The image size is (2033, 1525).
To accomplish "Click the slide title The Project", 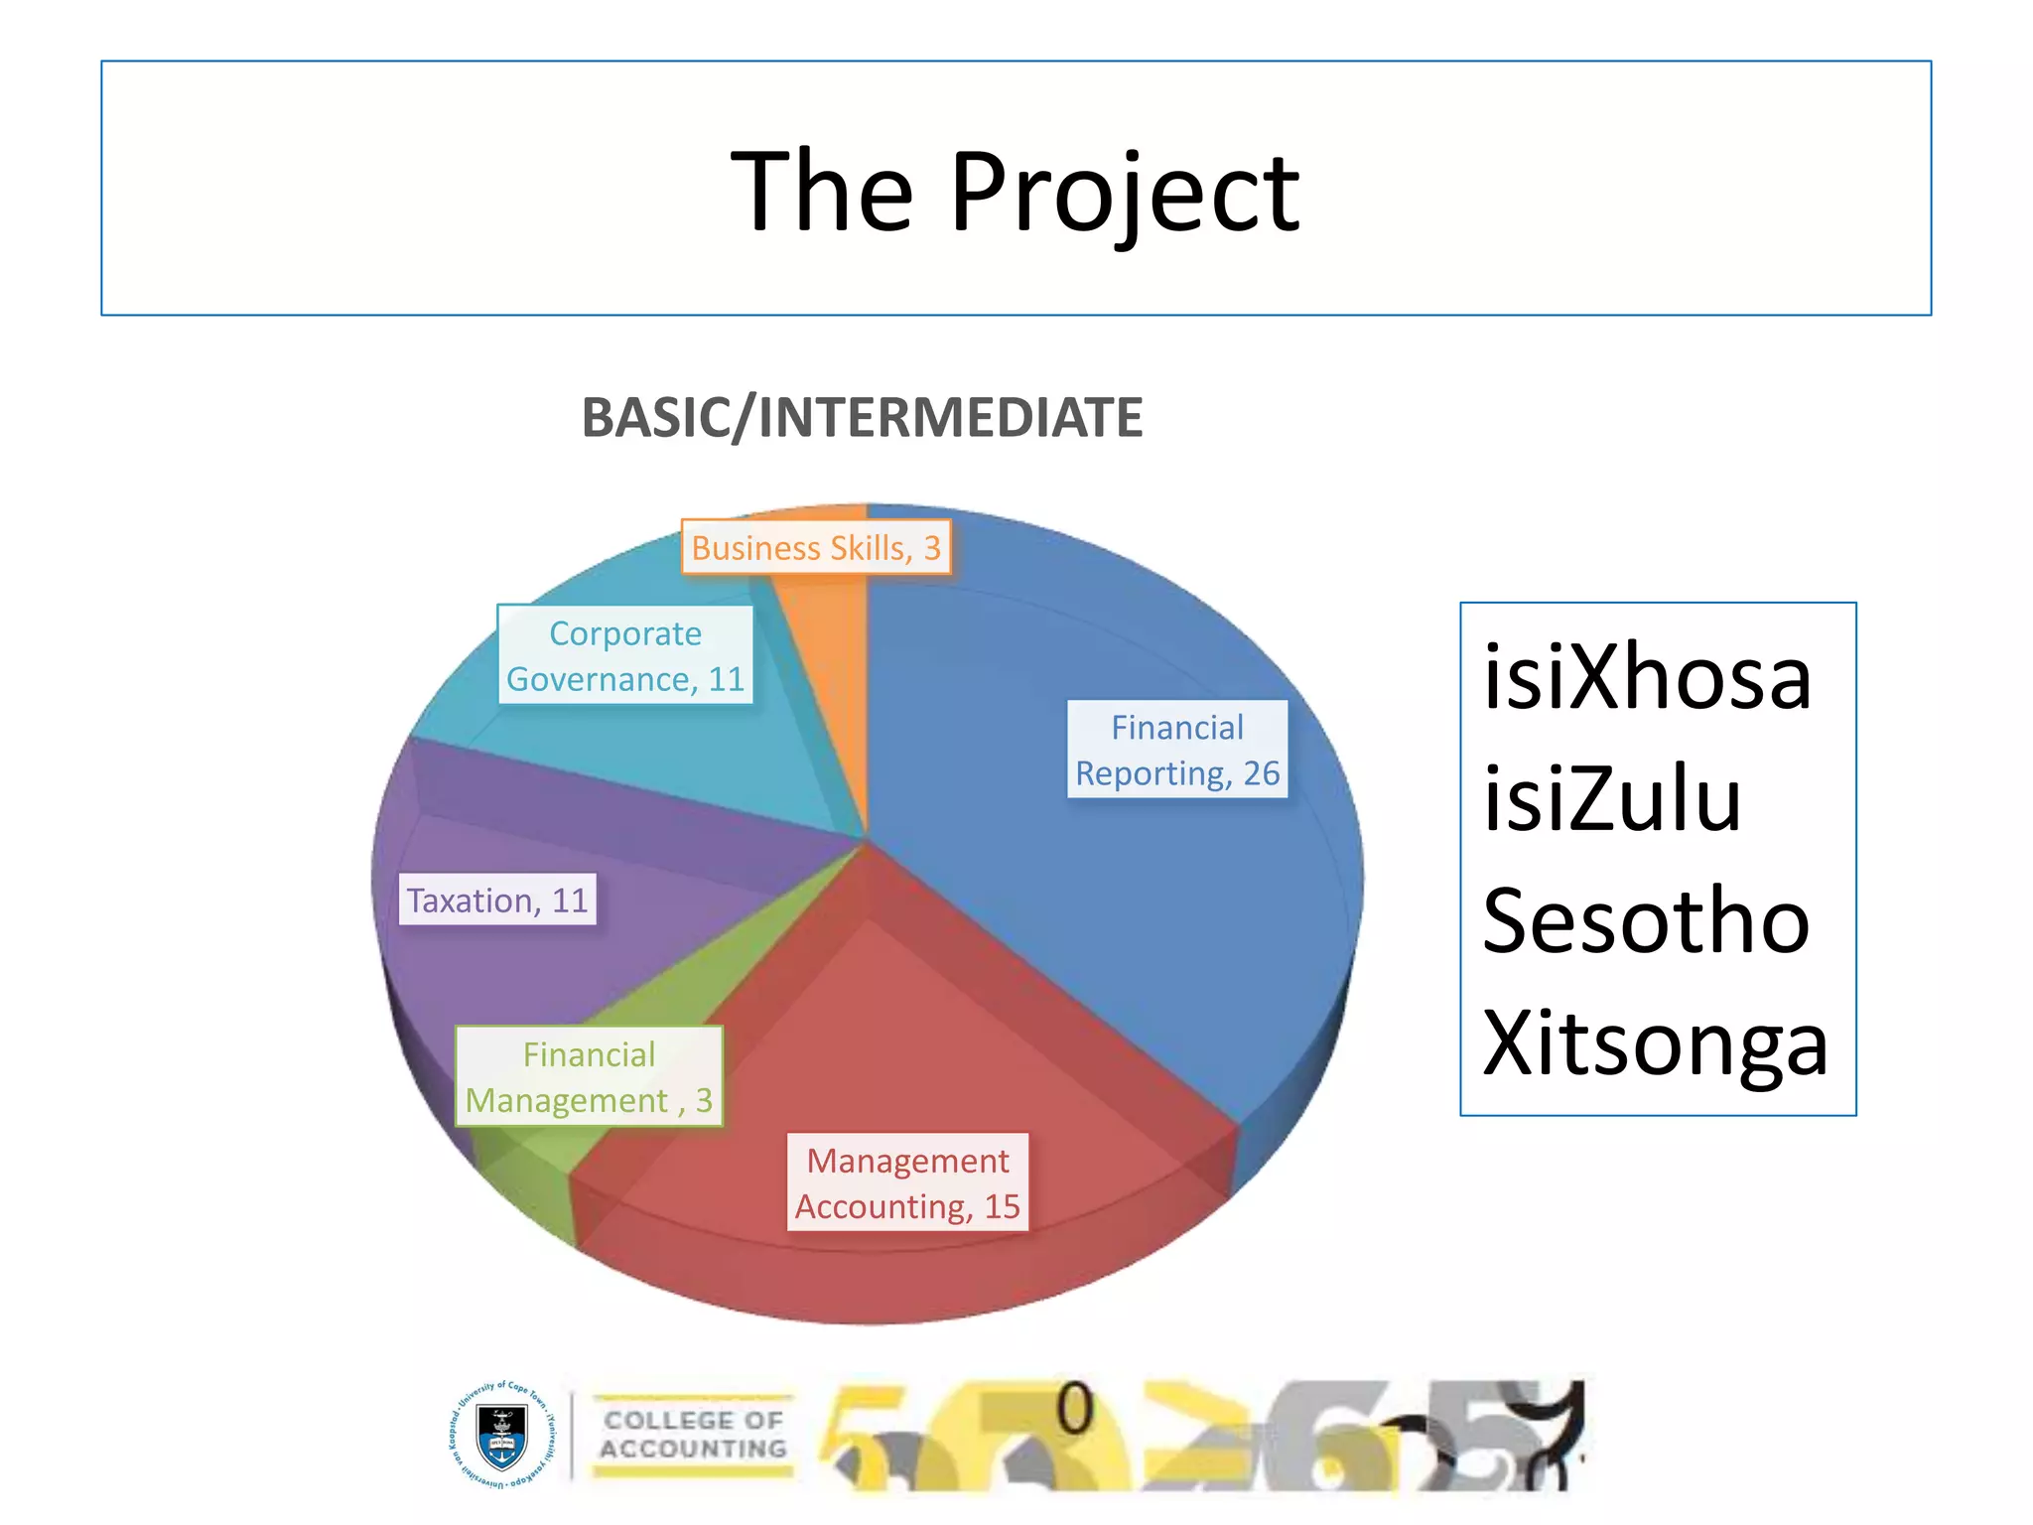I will point(1015,191).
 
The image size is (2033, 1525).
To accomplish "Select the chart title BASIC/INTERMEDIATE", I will point(862,417).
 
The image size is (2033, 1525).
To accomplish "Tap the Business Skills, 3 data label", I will point(816,547).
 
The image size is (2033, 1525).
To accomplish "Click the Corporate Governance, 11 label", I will point(625,655).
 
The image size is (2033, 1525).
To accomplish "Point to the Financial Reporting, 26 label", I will point(1177,750).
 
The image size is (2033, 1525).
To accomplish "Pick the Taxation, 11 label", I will point(497,900).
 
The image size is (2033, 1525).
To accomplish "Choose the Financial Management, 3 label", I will point(589,1076).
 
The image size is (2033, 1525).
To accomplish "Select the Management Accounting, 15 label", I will point(907,1182).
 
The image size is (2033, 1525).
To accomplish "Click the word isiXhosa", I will point(1648,678).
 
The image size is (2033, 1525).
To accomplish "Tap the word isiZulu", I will point(1612,800).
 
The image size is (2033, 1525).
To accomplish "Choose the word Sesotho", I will point(1646,922).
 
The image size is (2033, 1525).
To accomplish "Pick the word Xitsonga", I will point(1655,1044).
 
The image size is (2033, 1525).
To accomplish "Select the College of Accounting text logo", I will point(694,1435).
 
